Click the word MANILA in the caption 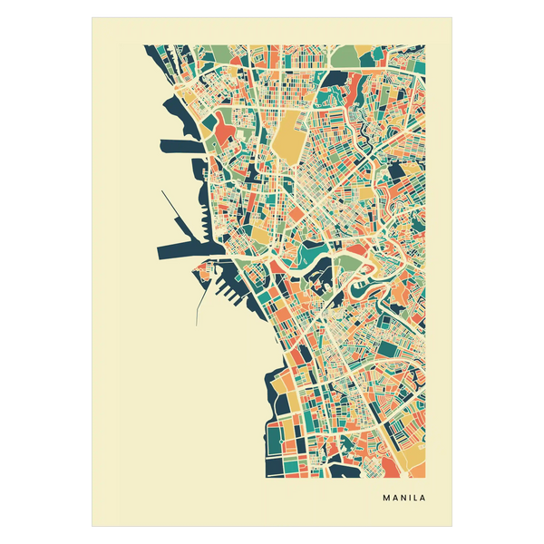pyautogui.click(x=403, y=498)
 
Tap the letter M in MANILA pyautogui.click(x=387, y=498)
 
